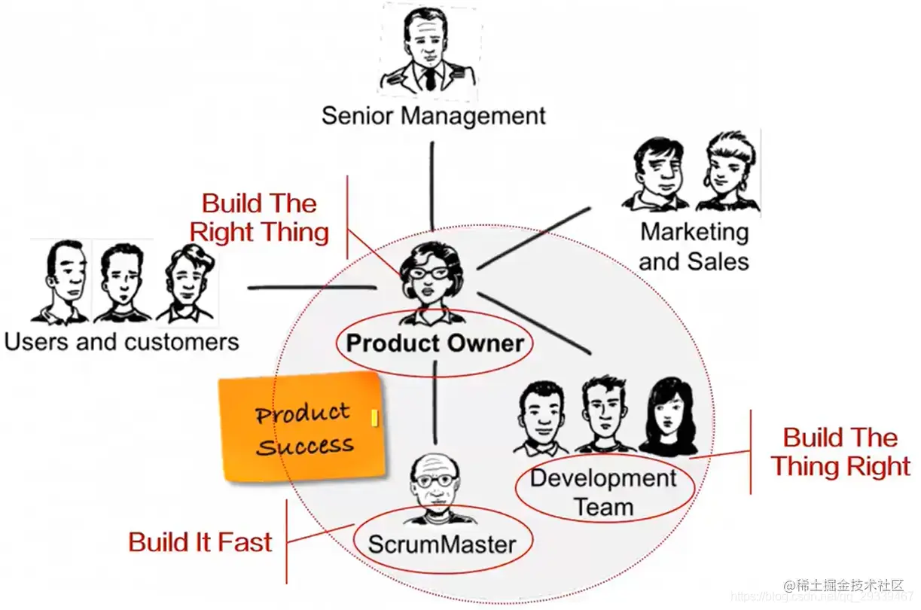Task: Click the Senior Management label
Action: coord(433,116)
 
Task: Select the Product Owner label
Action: coord(435,344)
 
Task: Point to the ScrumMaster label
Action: coord(442,544)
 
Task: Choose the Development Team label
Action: coord(603,492)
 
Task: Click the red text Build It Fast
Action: coord(200,542)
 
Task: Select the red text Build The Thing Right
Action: coord(840,452)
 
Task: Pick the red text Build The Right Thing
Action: coord(259,218)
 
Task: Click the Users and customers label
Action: coord(121,342)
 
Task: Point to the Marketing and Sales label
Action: coord(694,246)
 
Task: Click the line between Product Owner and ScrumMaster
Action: coord(435,403)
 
